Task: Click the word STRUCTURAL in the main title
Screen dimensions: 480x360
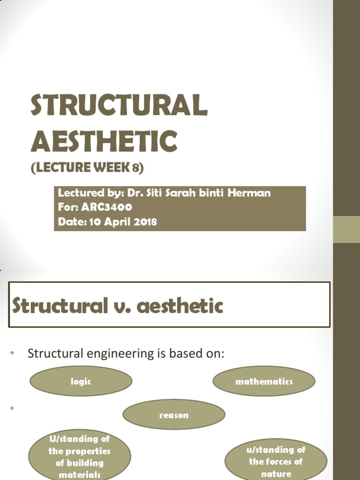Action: point(119,105)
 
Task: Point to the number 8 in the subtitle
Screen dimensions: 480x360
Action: point(136,168)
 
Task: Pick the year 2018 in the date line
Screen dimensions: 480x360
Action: point(142,222)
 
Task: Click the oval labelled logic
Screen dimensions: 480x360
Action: point(81,381)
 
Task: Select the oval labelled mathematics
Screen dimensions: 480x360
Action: point(264,381)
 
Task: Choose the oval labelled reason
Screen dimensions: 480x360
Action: point(174,415)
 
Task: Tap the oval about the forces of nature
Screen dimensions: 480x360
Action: point(276,461)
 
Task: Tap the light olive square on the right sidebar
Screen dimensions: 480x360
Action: point(346,229)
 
